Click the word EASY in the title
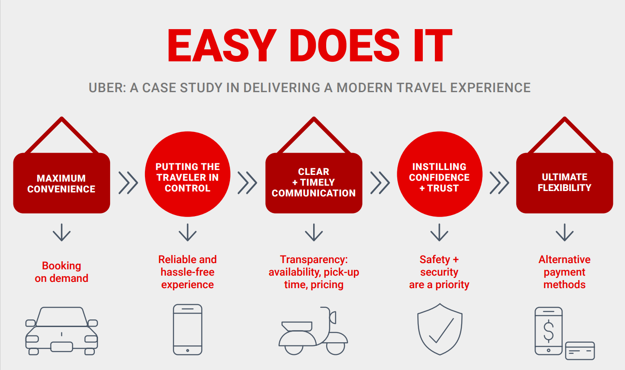point(222,45)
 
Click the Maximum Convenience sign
point(62,183)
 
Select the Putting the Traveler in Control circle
point(187,174)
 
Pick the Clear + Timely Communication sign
point(314,183)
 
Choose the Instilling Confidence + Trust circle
point(439,174)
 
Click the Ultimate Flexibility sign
point(565,183)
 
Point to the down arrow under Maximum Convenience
point(62,232)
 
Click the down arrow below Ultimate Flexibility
point(565,232)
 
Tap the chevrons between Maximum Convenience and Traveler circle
point(128,183)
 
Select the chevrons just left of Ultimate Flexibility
point(499,183)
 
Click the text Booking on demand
point(61,272)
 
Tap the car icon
point(62,331)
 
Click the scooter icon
point(313,331)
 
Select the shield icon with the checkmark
point(440,329)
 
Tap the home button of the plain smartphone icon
point(187,350)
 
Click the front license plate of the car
point(62,347)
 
